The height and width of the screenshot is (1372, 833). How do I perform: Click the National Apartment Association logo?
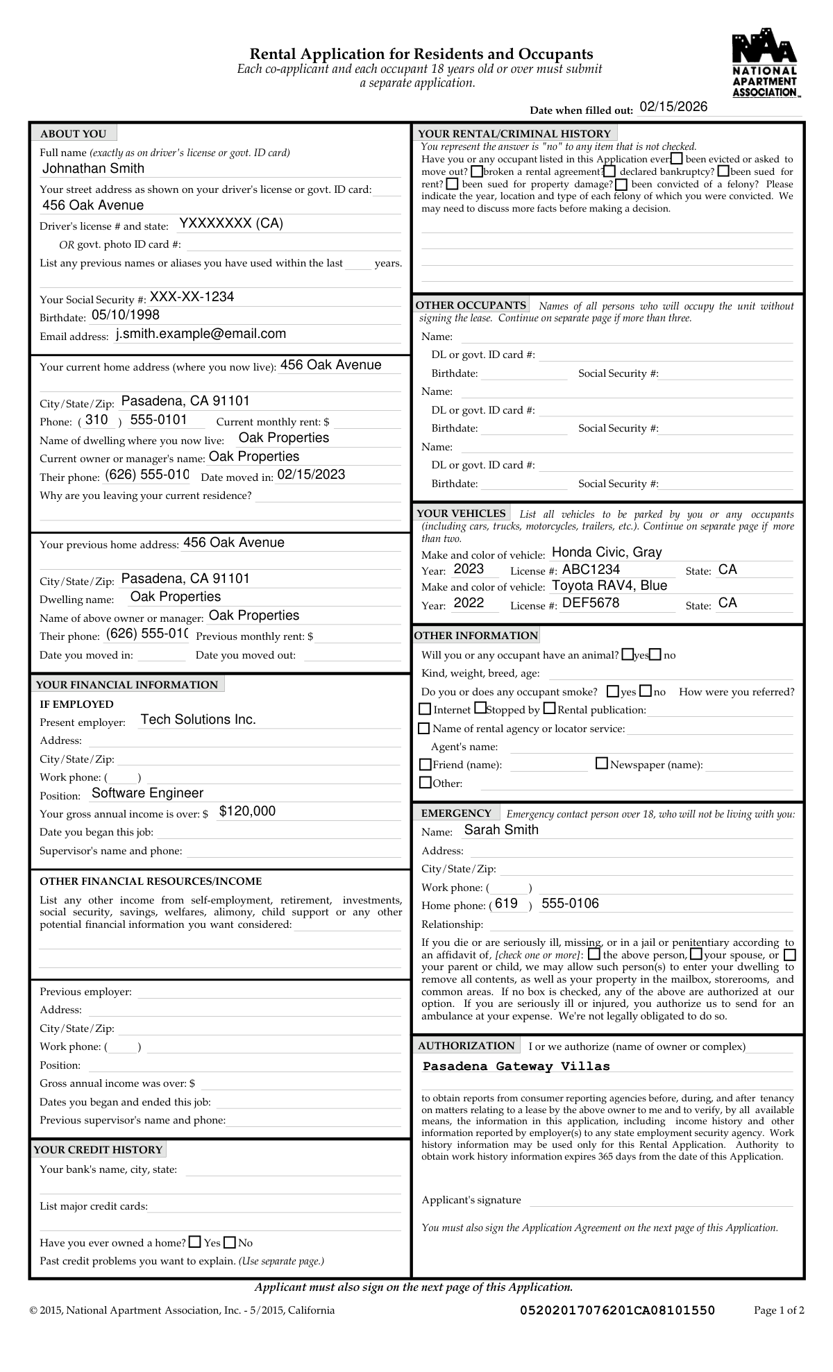pos(765,63)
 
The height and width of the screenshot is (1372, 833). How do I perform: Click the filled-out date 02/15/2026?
pos(673,107)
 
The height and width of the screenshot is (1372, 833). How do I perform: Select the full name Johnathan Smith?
pos(94,169)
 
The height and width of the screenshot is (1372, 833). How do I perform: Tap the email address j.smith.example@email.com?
pos(201,334)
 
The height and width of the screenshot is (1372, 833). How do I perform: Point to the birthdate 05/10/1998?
pos(126,315)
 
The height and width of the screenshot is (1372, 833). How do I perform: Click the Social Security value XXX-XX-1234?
pos(192,297)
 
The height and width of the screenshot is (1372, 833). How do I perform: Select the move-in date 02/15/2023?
pos(311,475)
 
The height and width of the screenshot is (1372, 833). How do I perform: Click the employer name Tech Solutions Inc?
pos(199,720)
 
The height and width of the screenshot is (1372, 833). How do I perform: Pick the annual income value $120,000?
pos(247,811)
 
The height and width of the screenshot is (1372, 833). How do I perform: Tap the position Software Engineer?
pos(148,793)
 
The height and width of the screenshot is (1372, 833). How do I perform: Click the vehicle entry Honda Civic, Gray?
pos(607,552)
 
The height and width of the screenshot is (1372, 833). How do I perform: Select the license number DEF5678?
pos(591,603)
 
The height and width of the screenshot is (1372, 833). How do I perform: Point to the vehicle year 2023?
pos(469,569)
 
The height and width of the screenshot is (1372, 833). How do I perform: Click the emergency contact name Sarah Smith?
pos(501,830)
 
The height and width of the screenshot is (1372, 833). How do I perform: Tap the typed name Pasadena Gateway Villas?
pos(516,1067)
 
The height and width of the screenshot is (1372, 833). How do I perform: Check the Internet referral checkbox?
pos(425,709)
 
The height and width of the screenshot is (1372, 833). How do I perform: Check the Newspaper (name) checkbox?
pos(602,764)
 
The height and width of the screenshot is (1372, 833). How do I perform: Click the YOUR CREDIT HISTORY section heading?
pos(98,1150)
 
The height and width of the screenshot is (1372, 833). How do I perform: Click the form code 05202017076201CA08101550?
pos(617,1310)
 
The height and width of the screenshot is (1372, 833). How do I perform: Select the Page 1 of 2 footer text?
pos(779,1310)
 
